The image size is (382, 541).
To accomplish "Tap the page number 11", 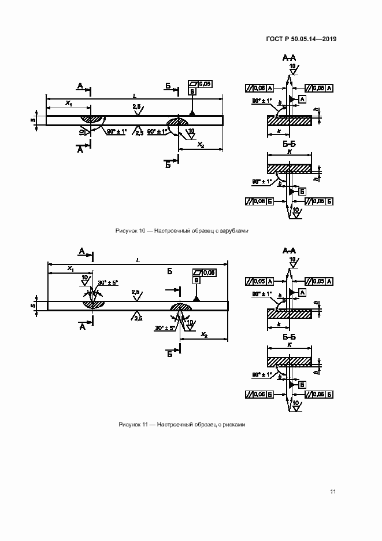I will tap(333, 492).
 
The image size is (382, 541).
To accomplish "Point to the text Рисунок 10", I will tap(130, 230).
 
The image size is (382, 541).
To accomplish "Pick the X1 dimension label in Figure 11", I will tap(69, 268).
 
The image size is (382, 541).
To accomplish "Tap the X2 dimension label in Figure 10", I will tap(201, 144).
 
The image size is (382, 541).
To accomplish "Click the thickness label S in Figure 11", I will tap(33, 304).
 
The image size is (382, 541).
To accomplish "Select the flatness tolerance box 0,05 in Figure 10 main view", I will tap(202, 84).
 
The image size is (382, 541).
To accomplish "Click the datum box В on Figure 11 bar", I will tap(196, 280).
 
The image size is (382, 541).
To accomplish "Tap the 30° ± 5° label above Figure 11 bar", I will tap(108, 282).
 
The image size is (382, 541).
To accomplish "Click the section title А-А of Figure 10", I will tap(289, 58).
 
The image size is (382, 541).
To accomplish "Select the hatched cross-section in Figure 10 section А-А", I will tap(289, 120).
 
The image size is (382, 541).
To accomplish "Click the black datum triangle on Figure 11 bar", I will tap(196, 297).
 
